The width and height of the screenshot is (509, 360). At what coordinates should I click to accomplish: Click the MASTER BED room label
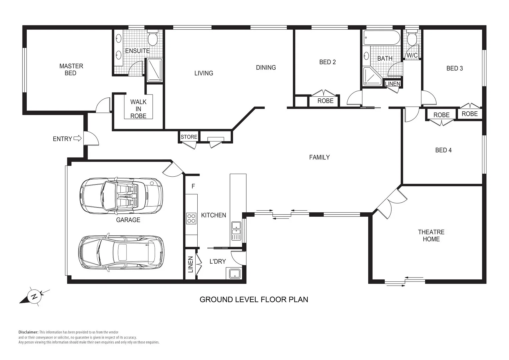(71, 69)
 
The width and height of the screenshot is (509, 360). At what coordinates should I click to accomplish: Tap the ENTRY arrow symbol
(77, 138)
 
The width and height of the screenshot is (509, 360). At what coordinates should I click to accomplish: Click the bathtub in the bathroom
(382, 38)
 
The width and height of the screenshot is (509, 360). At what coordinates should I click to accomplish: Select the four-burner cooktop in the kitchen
(191, 218)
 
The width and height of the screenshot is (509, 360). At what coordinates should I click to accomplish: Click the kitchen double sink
(236, 230)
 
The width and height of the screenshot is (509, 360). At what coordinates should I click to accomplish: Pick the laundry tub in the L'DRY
(235, 274)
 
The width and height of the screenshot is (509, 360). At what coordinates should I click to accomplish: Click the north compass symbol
(34, 296)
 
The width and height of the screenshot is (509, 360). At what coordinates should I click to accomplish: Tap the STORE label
(189, 137)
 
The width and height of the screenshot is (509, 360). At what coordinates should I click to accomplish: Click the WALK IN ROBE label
(138, 109)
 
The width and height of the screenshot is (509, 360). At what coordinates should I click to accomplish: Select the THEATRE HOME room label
(431, 235)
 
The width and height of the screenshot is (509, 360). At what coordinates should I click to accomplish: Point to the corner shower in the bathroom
(371, 77)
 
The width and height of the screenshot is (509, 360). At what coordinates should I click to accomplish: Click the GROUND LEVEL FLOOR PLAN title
(254, 299)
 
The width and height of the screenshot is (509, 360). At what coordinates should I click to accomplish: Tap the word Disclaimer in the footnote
(28, 332)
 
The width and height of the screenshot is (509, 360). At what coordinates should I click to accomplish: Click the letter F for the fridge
(193, 186)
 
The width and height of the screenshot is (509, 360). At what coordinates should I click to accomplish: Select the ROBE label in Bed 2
(325, 101)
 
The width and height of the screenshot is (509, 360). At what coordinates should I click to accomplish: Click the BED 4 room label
(443, 150)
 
